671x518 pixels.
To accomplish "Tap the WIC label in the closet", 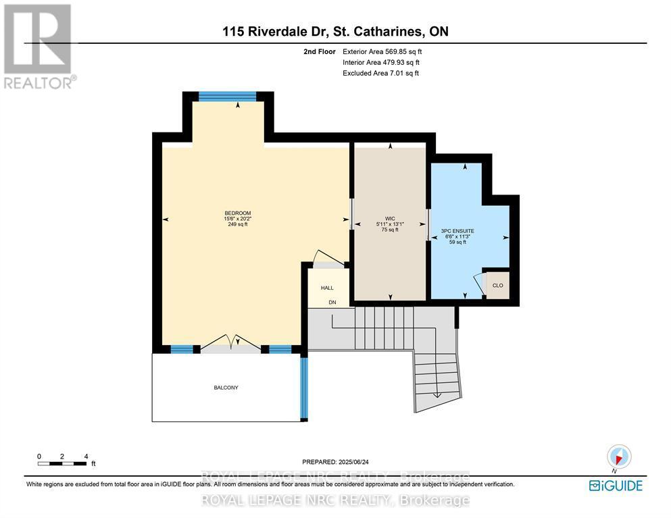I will click(390, 218).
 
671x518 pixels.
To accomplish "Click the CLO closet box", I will click(497, 286).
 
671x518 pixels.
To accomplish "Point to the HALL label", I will click(327, 288).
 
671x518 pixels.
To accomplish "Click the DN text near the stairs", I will click(332, 303).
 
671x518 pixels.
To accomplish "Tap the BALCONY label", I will click(226, 388).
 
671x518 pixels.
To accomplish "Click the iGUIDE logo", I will click(615, 485).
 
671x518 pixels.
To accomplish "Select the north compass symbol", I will click(619, 457).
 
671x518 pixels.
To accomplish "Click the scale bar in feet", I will click(62, 463).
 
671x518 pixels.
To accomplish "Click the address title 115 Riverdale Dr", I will click(335, 31).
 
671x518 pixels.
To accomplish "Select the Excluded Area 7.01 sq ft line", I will click(380, 73).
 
